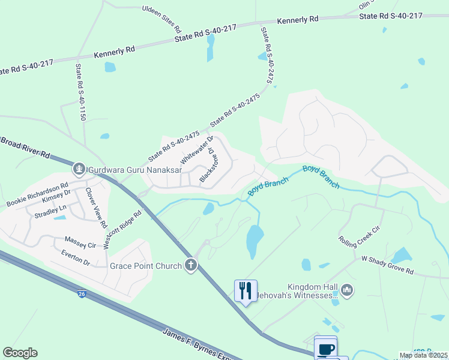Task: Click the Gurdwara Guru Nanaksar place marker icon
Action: (79, 170)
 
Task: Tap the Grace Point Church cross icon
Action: (191, 265)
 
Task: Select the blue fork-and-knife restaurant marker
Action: (246, 291)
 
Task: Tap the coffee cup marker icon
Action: (326, 349)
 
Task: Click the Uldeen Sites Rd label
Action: (161, 19)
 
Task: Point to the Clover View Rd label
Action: (95, 208)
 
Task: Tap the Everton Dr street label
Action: (75, 257)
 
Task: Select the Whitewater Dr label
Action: (197, 150)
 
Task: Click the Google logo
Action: (20, 353)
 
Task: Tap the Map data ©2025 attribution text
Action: (423, 355)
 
